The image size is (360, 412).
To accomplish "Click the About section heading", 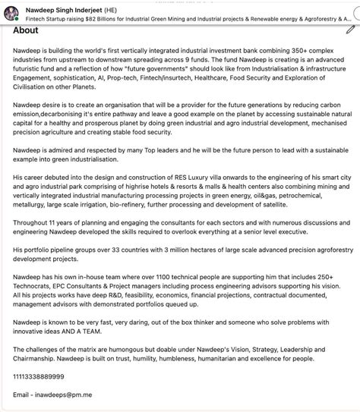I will tap(26, 30).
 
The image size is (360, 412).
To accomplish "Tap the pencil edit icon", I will tap(349, 29).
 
